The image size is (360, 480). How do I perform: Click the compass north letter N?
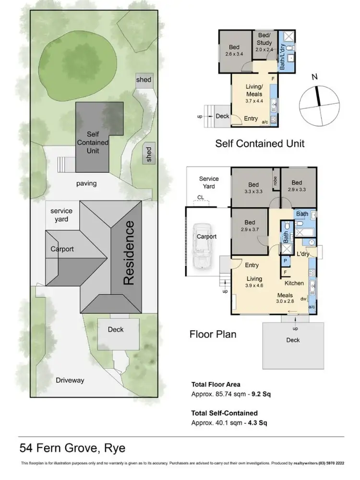(x=314, y=77)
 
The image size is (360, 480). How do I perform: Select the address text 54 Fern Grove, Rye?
(x=72, y=448)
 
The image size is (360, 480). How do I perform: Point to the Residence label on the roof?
(x=128, y=253)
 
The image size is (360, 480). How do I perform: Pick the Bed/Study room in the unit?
(x=264, y=43)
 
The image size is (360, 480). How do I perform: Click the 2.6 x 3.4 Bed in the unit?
(x=234, y=50)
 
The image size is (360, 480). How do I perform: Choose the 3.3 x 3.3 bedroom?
(x=253, y=188)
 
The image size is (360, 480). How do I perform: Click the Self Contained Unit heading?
(x=260, y=143)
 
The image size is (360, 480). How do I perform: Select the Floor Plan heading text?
(x=213, y=334)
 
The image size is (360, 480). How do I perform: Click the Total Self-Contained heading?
(x=225, y=413)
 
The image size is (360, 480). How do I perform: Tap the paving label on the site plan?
(x=86, y=183)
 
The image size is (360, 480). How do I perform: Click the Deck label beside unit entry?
(x=223, y=116)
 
